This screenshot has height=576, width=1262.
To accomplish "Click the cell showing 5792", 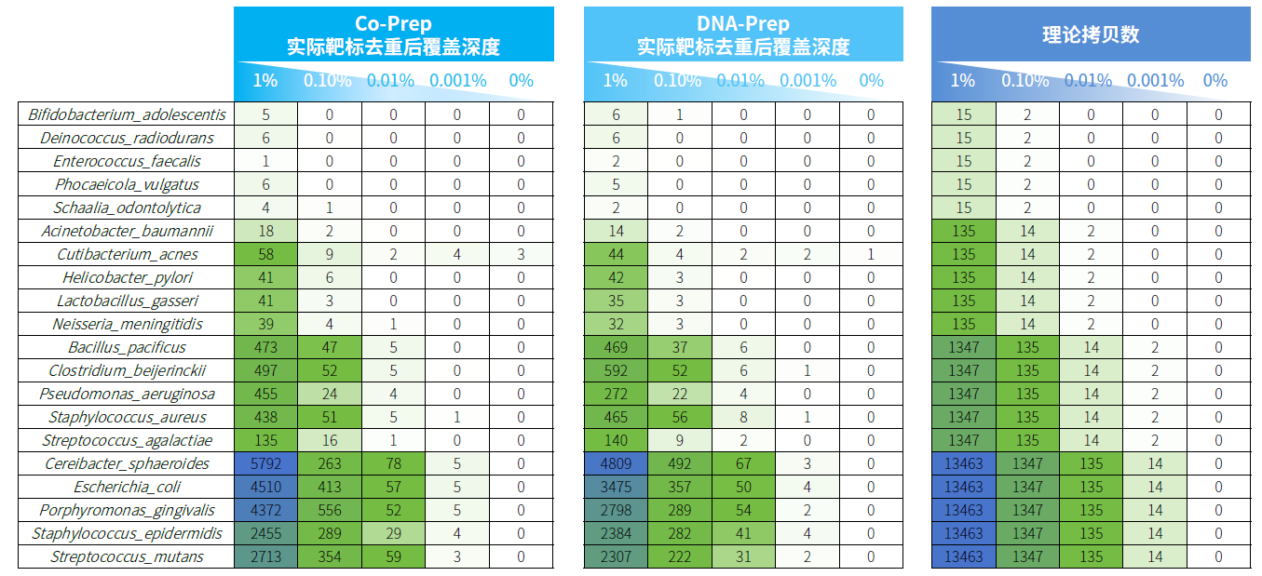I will [265, 463].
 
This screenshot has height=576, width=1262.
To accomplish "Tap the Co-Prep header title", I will [392, 24].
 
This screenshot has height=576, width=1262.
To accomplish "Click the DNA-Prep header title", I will [742, 24].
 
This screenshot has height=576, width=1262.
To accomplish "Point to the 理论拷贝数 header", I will [1090, 35].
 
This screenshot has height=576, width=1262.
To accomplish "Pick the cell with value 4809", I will [616, 463].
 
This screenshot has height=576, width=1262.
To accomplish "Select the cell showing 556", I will [329, 510].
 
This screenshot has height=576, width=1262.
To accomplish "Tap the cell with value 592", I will [616, 370].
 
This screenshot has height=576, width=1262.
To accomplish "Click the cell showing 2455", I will [265, 533].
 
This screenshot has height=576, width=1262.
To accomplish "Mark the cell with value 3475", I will [616, 487].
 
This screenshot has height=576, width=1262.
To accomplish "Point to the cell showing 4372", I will [265, 510].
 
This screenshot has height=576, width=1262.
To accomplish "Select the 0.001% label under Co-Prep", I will [456, 81].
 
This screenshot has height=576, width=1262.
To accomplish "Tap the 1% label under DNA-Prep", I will [616, 81].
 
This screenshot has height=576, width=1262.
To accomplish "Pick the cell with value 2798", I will [616, 510].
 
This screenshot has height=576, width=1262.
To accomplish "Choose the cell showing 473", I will [265, 347].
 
